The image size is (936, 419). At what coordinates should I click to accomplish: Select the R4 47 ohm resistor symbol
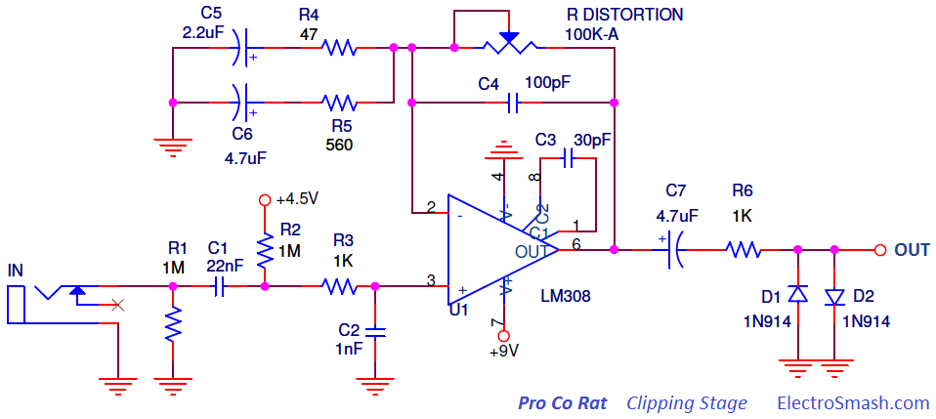pos(339,47)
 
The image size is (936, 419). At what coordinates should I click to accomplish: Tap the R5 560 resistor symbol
pos(339,102)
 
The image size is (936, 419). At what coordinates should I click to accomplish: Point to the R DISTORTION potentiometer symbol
pos(509,44)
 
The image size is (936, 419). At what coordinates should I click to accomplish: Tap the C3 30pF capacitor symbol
pos(571,155)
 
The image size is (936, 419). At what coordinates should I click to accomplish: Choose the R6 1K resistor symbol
pos(744,250)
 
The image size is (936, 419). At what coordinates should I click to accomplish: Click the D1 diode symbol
pos(797,294)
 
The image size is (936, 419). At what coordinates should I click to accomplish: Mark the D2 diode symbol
pos(834,294)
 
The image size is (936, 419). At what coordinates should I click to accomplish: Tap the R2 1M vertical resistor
pos(264,251)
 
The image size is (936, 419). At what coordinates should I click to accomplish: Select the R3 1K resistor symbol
pos(340,286)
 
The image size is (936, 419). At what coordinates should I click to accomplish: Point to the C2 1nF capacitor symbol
pos(376,332)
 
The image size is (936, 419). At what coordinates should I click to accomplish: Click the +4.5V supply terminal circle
pos(264,200)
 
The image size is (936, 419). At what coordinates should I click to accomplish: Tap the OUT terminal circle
pos(879,250)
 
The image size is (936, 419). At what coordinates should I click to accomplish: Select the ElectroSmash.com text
pos(853,402)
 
